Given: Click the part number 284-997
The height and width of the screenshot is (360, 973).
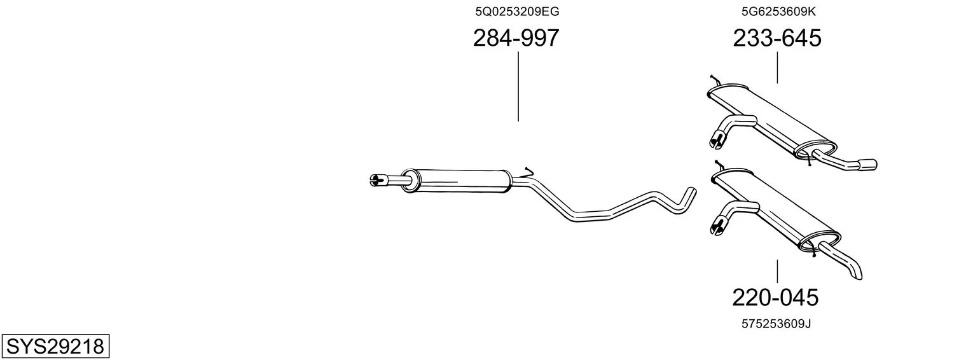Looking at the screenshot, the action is (516, 38).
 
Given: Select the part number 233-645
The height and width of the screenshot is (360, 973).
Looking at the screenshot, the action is (777, 38).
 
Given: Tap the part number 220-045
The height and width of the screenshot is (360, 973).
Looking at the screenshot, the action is (775, 298).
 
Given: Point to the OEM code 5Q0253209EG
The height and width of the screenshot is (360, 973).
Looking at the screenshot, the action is (517, 11).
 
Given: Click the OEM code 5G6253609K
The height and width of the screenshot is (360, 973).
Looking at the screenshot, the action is (778, 11).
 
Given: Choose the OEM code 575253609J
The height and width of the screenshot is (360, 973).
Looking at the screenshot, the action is (776, 324).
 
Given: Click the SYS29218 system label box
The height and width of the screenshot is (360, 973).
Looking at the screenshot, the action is (55, 346).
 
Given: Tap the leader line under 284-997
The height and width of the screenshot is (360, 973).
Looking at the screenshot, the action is (518, 87).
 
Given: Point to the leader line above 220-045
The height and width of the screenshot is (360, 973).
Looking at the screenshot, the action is (777, 272).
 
